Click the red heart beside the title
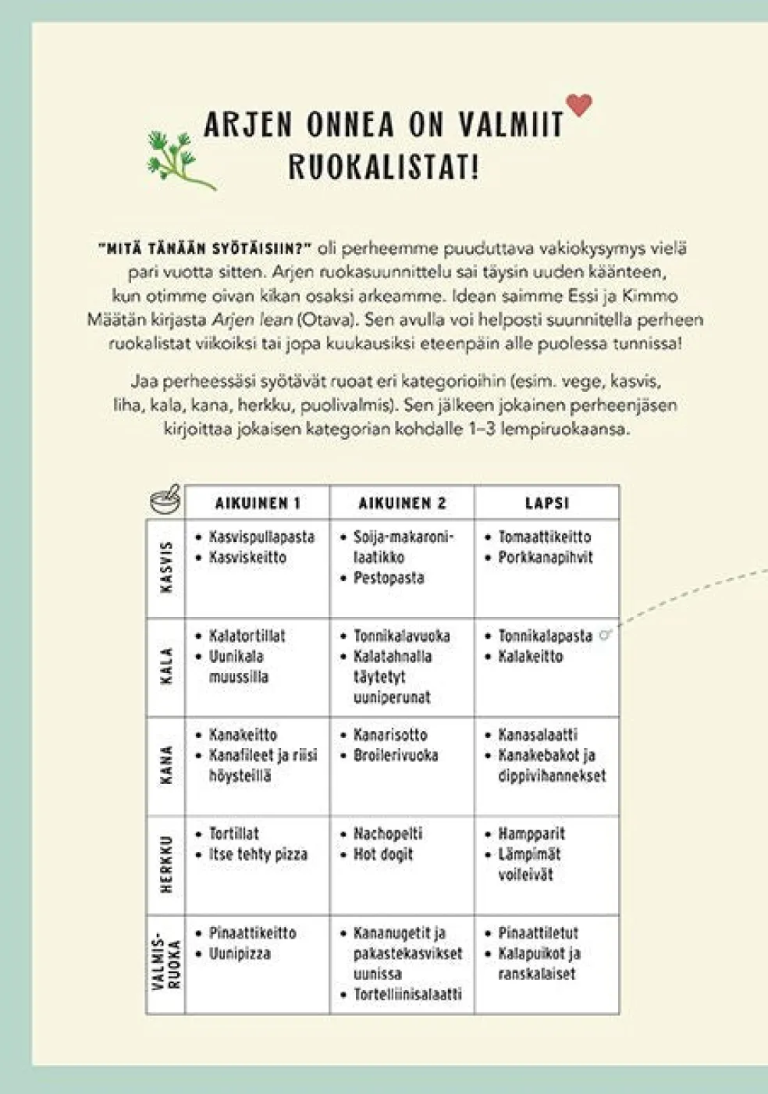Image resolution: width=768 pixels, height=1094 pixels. pos(579,105)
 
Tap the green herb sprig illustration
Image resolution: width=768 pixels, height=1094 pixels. pos(179,159)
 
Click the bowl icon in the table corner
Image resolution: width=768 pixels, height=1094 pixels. pos(165,501)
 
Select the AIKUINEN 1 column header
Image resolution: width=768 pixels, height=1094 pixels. pos(258,504)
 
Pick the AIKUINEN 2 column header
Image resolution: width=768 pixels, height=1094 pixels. pos(402,504)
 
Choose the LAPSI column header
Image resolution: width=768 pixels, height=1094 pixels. pos(546,504)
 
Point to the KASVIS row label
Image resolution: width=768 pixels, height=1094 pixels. pos(165,568)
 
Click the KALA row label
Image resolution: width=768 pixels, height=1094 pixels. pos(165,667)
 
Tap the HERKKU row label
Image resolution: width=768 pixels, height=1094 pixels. pos(165,865)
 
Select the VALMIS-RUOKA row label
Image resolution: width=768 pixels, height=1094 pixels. pos(165,964)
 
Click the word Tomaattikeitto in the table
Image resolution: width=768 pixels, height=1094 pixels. pos(545,537)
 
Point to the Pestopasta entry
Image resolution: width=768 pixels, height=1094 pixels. pos(389,578)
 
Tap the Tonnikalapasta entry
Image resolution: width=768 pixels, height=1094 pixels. pos(545,636)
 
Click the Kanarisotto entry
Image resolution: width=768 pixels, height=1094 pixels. pos(390,735)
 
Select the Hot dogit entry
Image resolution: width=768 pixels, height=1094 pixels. pos(383,854)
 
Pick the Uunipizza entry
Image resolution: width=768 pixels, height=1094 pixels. pos(240,953)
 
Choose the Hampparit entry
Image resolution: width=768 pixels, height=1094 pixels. pos(532,834)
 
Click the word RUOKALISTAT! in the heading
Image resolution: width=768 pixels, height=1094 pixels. pos(383,167)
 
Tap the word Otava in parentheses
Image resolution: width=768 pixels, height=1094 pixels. pos(322,319)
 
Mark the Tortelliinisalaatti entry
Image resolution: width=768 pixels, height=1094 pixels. pos(407,995)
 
